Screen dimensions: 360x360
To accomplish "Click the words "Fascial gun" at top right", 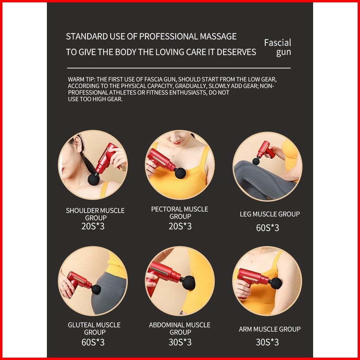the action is (x=278, y=47).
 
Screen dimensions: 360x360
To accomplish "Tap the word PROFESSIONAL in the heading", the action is (x=169, y=36).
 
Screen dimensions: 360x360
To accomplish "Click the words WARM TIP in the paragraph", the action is (x=81, y=80).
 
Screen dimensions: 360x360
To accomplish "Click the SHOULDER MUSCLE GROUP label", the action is (x=95, y=214).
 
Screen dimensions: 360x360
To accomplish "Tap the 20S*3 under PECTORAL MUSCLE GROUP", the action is (x=180, y=226).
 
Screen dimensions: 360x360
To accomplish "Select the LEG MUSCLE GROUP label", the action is (x=270, y=214).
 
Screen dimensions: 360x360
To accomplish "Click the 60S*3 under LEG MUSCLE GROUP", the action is (x=268, y=228).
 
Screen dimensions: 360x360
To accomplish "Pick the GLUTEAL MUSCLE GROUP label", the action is (x=94, y=329).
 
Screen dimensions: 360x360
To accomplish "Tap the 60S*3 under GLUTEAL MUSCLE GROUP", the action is (x=93, y=342).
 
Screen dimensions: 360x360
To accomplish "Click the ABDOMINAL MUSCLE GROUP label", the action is (x=180, y=329).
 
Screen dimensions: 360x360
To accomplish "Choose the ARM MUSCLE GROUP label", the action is (x=270, y=329).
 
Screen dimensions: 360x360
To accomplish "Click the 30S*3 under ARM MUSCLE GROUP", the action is (x=267, y=342).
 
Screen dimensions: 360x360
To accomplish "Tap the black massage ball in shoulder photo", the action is (x=94, y=179).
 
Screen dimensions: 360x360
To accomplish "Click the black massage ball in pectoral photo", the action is (x=180, y=173).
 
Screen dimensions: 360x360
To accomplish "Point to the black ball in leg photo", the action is (x=256, y=161).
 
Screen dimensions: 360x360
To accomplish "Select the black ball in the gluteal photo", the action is (x=96, y=289).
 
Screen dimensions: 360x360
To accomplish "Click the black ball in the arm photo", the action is (x=276, y=283).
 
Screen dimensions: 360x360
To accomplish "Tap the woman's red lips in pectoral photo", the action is (x=177, y=143).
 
